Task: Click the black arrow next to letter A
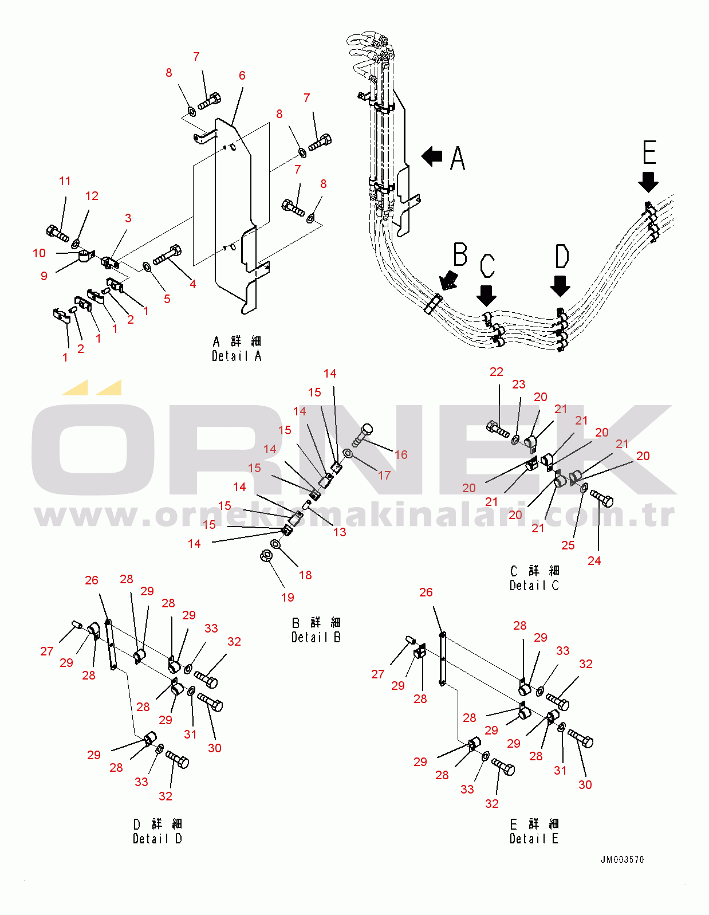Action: (432, 156)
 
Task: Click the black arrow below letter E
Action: (648, 182)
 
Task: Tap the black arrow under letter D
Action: (560, 285)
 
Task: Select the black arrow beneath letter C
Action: (486, 295)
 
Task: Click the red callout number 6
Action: (242, 76)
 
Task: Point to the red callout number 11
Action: (65, 181)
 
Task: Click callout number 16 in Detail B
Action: (401, 454)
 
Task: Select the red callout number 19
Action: (287, 597)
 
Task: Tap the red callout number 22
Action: (497, 372)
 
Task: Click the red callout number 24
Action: (594, 560)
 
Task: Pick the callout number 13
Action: (340, 532)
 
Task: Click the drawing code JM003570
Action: (622, 859)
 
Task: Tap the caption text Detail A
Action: (237, 356)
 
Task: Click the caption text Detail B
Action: (316, 637)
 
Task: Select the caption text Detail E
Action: (534, 838)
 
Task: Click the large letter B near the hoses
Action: (460, 254)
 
